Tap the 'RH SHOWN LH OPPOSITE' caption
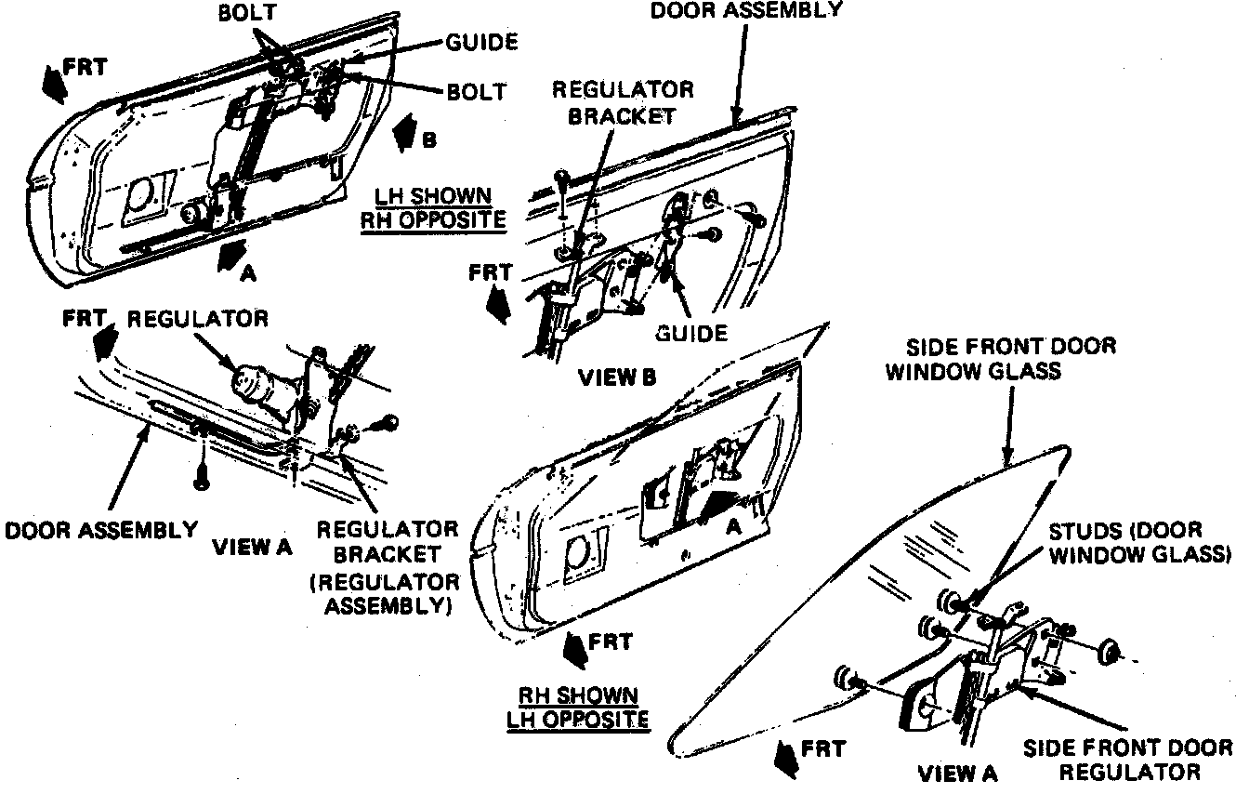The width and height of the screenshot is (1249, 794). pyautogui.click(x=577, y=706)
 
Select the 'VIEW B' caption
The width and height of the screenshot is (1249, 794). pyautogui.click(x=617, y=377)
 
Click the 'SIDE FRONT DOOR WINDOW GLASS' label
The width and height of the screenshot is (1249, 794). pyautogui.click(x=1000, y=359)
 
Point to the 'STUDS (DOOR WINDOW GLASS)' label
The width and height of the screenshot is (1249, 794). pyautogui.click(x=1139, y=543)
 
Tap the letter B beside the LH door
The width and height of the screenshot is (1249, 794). pyautogui.click(x=428, y=141)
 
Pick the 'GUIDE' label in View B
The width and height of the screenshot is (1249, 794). pyautogui.click(x=691, y=332)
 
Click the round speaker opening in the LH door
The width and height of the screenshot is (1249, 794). pyautogui.click(x=140, y=193)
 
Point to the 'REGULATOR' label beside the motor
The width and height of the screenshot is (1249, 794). pyautogui.click(x=197, y=319)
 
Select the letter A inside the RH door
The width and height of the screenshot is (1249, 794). pyautogui.click(x=732, y=525)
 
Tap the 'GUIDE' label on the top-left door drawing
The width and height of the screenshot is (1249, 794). pyautogui.click(x=481, y=42)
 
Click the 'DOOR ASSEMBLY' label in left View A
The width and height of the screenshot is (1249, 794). pyautogui.click(x=101, y=530)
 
